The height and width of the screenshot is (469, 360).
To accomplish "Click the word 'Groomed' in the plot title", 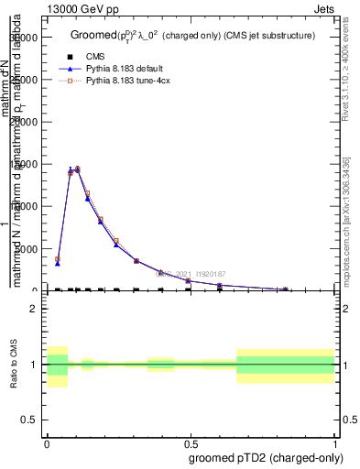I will [93, 35].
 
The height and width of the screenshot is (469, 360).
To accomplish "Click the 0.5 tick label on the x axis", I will [191, 441].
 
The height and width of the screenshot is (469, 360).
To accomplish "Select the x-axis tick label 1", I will [335, 441].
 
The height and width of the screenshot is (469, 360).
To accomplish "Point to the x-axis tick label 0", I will [47, 441].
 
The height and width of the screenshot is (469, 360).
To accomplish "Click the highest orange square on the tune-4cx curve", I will [77, 169].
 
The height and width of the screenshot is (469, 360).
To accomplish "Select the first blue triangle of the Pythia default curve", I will [58, 263].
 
